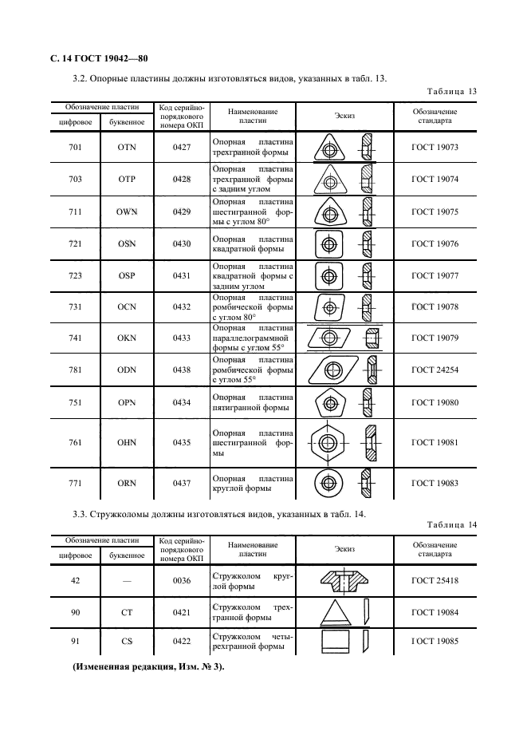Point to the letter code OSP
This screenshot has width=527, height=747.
click(x=127, y=275)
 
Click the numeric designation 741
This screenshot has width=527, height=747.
click(x=76, y=338)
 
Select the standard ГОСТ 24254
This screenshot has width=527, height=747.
click(x=434, y=370)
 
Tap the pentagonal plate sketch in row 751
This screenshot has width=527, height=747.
click(x=328, y=402)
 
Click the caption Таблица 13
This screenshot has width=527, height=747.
click(x=451, y=92)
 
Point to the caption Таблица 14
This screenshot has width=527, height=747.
click(x=451, y=524)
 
